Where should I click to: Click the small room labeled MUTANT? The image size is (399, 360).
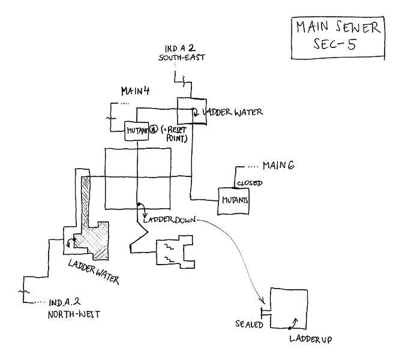[x=136, y=130]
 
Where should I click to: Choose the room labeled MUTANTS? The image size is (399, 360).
[x=234, y=200]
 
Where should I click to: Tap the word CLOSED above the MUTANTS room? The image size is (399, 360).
[x=248, y=182]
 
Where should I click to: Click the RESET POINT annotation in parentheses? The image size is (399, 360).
[x=175, y=134]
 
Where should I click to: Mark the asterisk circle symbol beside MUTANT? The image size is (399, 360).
[x=153, y=129]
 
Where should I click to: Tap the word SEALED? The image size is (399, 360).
[x=249, y=325]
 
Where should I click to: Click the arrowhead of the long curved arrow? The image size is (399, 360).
[x=262, y=303]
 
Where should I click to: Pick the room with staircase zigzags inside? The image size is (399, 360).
[x=175, y=251]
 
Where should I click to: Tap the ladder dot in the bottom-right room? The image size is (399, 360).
[x=289, y=329]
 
